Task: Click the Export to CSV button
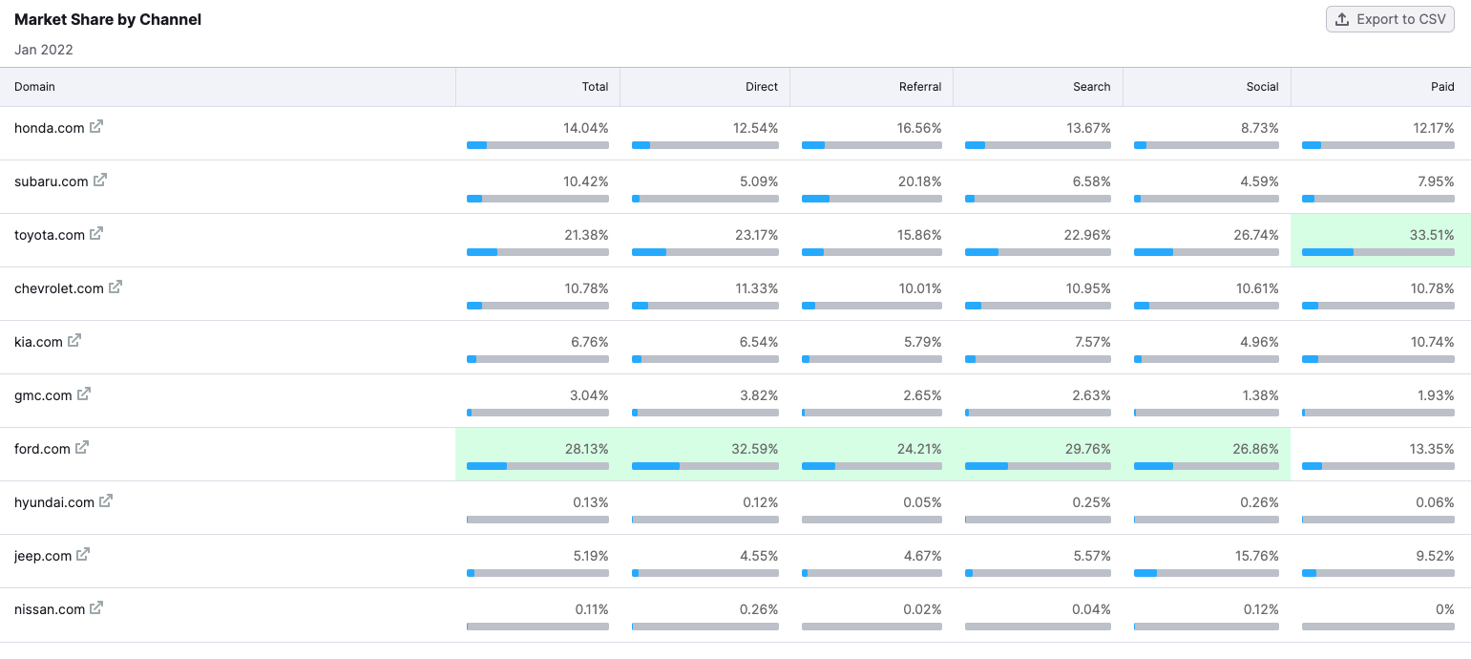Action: [x=1390, y=19]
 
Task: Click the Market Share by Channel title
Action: [x=108, y=19]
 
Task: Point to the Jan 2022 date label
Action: [x=44, y=50]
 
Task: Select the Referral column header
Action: [x=920, y=87]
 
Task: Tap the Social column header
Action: [x=1262, y=87]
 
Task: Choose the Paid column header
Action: [x=1442, y=87]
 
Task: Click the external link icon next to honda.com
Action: [x=96, y=127]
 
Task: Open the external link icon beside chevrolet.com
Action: [x=116, y=287]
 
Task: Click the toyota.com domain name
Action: [x=50, y=235]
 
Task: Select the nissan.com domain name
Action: [x=50, y=609]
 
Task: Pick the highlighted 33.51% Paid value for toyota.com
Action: [x=1432, y=235]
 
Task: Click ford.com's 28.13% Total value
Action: [x=586, y=449]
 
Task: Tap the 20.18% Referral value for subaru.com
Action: [x=920, y=181]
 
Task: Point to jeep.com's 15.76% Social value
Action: [x=1256, y=556]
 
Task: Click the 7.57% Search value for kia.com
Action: [x=1091, y=342]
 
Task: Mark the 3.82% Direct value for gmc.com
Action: [x=759, y=395]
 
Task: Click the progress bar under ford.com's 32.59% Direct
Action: [x=705, y=466]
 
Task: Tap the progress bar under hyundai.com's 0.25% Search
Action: [x=1038, y=520]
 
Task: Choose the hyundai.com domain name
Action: [x=54, y=502]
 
